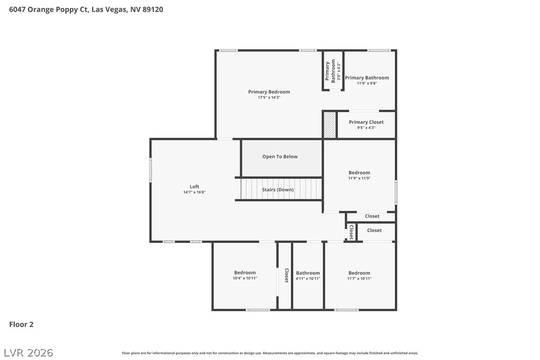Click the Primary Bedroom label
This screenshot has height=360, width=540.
coord(269,91)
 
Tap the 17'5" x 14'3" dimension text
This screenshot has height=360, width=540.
coord(269,97)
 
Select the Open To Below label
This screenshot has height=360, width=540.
coord(279,157)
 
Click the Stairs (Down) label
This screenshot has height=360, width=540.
coord(277,189)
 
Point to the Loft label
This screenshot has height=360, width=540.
coord(194,186)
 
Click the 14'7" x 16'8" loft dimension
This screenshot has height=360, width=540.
coord(194,192)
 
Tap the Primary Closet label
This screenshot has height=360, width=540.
coord(366,122)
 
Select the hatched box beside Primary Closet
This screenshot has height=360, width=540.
coord(330,125)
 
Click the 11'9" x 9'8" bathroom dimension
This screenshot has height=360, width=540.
coord(367,84)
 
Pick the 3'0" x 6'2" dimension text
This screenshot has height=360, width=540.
coord(339,71)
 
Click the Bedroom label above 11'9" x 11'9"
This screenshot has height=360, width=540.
coord(359,173)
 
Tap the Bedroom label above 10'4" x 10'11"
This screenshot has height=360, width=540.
coord(245,272)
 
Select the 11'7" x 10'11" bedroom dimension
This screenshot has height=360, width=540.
coord(359,278)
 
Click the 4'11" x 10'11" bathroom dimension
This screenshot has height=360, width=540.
coord(308,278)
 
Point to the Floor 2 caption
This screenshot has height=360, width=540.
coord(21,324)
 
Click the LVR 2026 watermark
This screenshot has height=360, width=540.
coord(28,353)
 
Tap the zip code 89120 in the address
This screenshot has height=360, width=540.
coord(153,9)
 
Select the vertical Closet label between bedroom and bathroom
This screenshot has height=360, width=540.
coord(286,275)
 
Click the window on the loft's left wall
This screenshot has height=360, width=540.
coord(151,170)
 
